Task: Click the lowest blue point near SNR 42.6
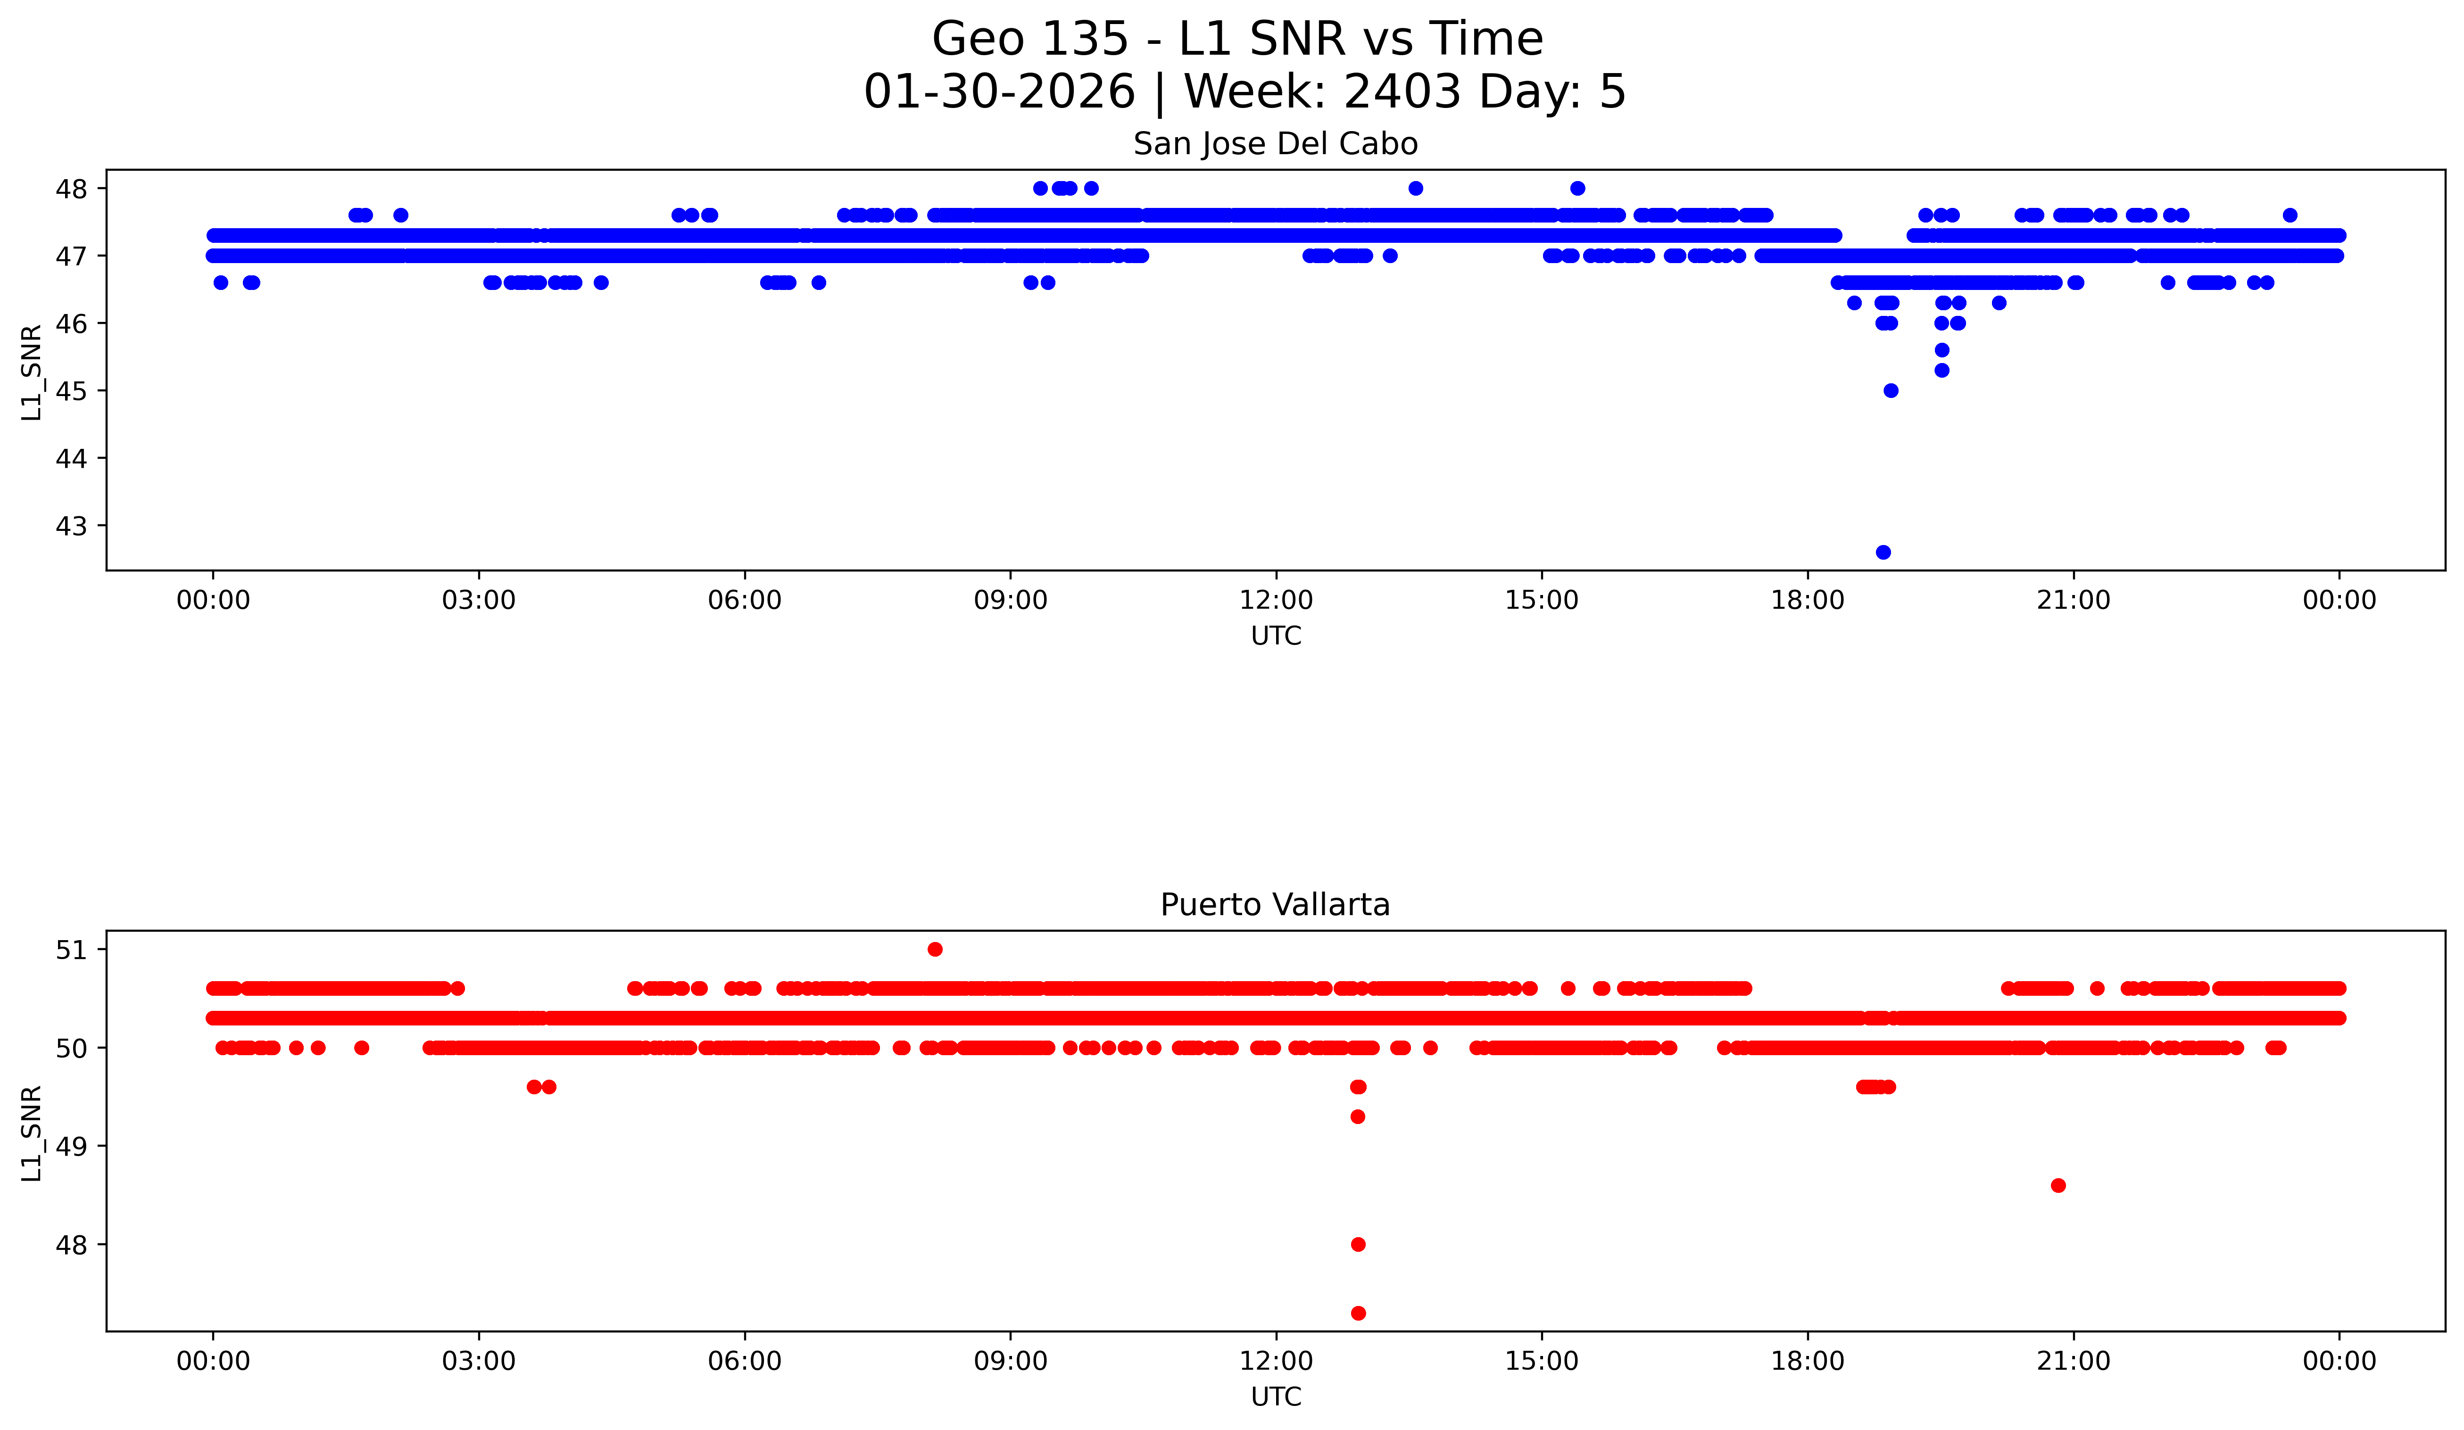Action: (1883, 552)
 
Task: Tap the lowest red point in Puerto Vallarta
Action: (1358, 1313)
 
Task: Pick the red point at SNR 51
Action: (935, 949)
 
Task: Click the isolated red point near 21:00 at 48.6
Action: (2058, 1186)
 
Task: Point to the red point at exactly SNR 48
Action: (1358, 1244)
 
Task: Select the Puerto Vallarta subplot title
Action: (1275, 905)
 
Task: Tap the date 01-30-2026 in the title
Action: (999, 92)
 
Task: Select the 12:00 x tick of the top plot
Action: (1276, 600)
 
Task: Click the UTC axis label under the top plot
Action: (1276, 636)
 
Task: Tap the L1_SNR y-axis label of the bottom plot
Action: (31, 1134)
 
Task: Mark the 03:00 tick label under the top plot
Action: (479, 600)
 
